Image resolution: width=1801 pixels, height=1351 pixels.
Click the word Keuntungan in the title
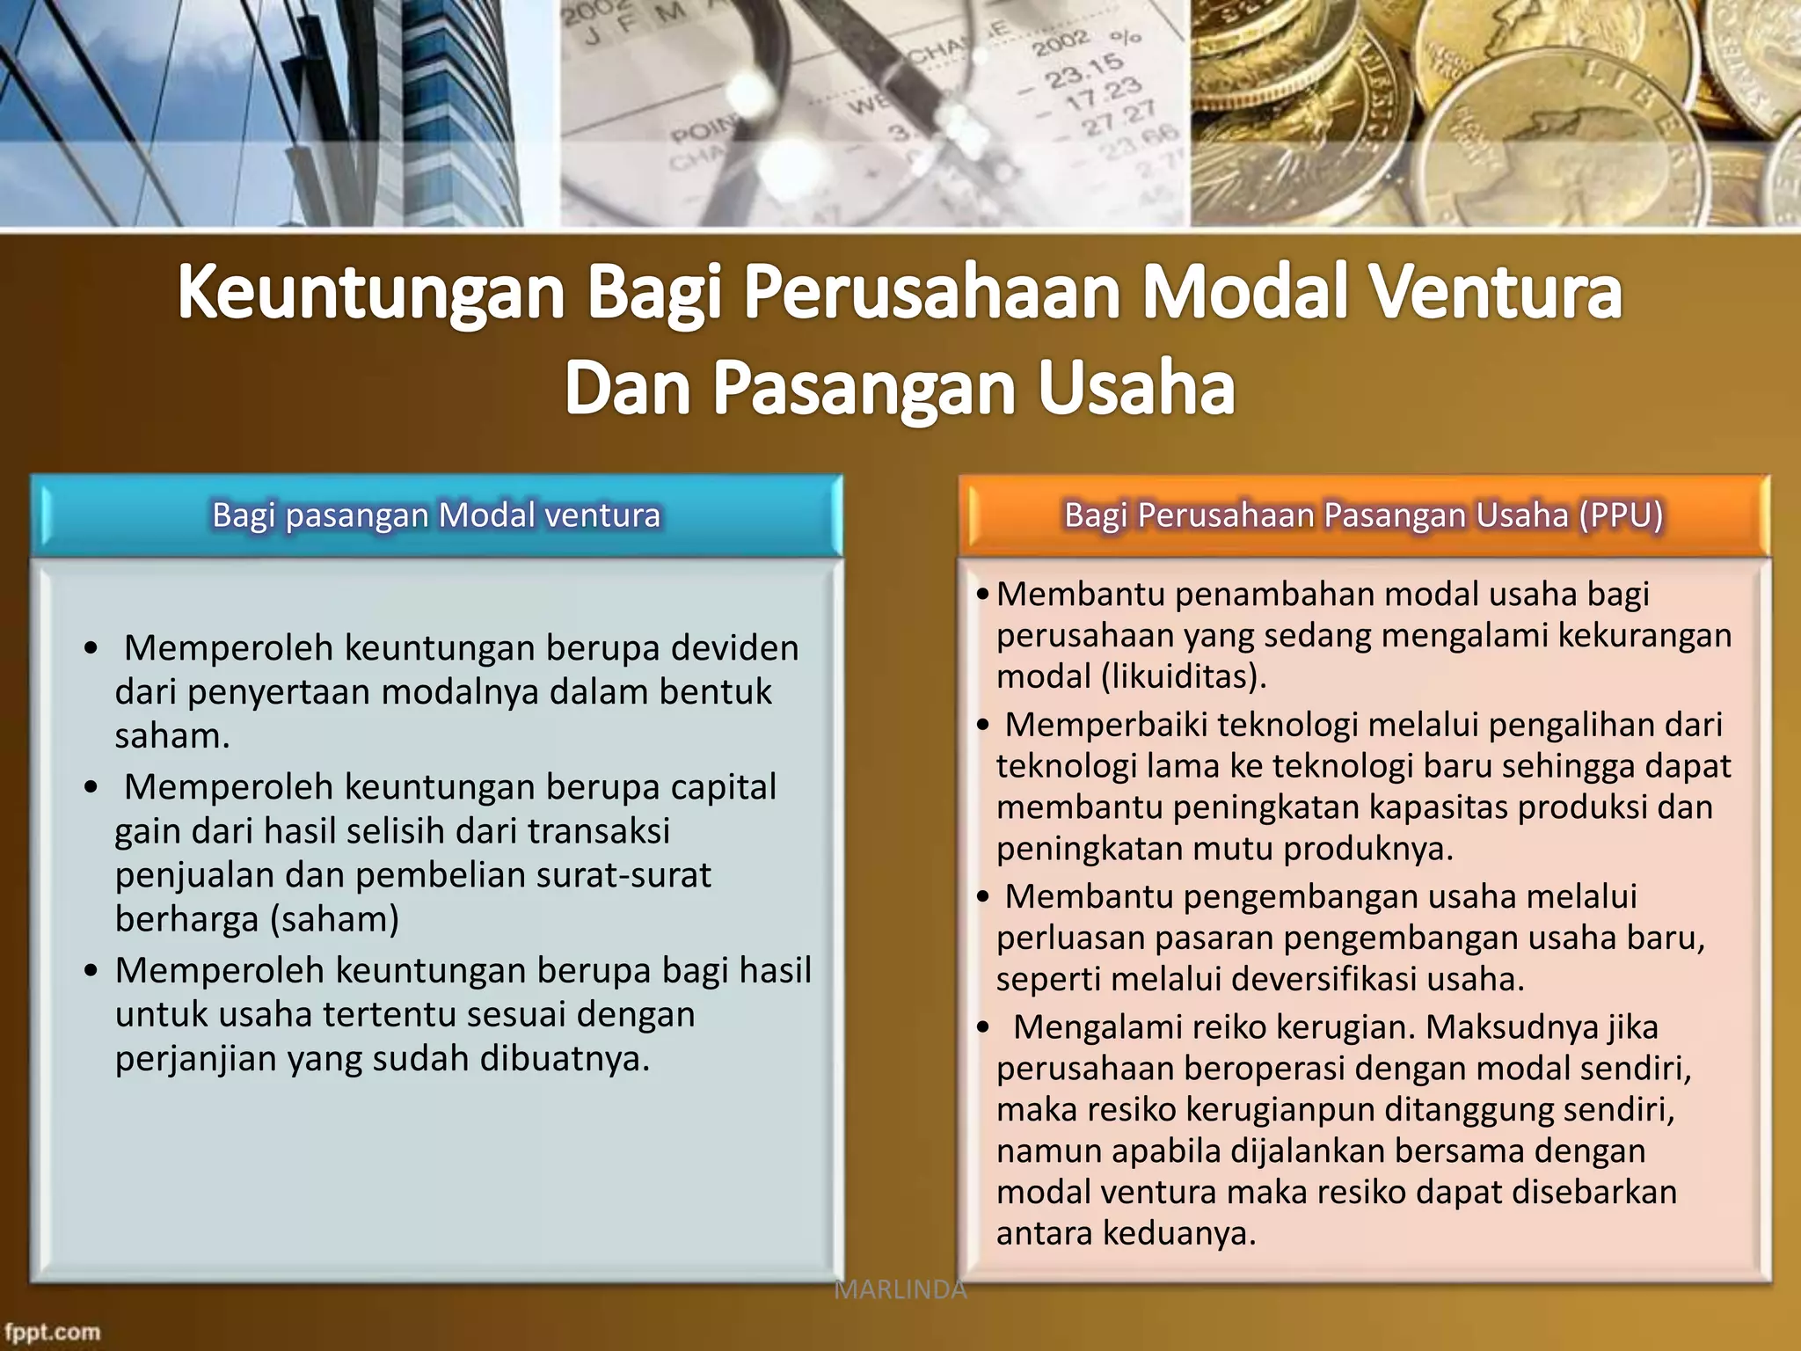(370, 295)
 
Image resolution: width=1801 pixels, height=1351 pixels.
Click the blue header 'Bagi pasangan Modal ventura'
(436, 515)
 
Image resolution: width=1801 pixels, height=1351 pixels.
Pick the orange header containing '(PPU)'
(1363, 515)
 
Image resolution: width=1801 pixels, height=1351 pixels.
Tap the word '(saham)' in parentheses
(334, 919)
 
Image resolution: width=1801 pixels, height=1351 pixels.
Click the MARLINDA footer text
(900, 1290)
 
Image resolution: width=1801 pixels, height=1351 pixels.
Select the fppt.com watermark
(52, 1332)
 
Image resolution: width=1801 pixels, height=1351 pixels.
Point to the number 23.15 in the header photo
(1083, 70)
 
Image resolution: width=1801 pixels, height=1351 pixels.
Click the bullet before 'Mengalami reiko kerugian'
(983, 1027)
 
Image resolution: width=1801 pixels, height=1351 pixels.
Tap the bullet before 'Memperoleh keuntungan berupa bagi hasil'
(91, 971)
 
